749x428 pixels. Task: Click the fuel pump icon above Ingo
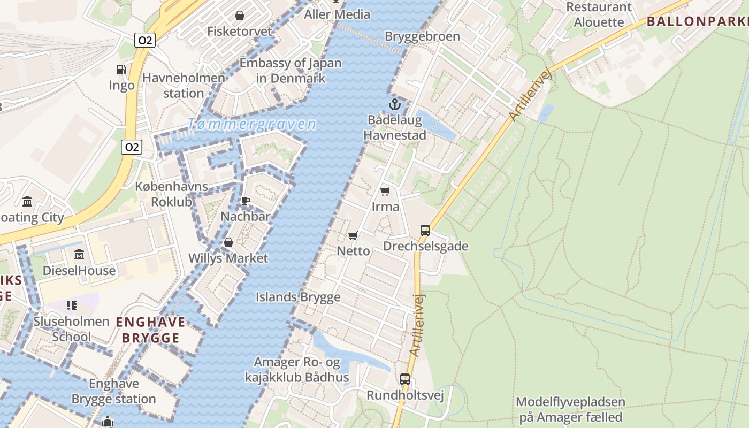pyautogui.click(x=121, y=69)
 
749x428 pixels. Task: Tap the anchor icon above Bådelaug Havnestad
pyautogui.click(x=394, y=104)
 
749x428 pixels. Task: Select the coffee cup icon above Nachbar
pyautogui.click(x=245, y=201)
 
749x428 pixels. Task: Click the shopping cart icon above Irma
pyautogui.click(x=385, y=191)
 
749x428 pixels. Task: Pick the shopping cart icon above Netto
pyautogui.click(x=353, y=235)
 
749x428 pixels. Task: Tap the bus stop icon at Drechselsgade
pyautogui.click(x=425, y=231)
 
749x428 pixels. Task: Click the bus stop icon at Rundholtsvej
pyautogui.click(x=405, y=379)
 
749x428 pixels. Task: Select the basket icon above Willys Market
pyautogui.click(x=228, y=242)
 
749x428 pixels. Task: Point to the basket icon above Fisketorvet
pyautogui.click(x=240, y=16)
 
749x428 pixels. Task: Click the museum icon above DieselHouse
pyautogui.click(x=79, y=254)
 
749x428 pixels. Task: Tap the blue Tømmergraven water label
pyautogui.click(x=251, y=125)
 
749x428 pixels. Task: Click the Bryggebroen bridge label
pyautogui.click(x=422, y=36)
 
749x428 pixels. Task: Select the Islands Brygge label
pyautogui.click(x=298, y=297)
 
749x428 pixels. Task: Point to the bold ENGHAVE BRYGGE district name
pyautogui.click(x=150, y=330)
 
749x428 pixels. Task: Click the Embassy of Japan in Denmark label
pyautogui.click(x=290, y=70)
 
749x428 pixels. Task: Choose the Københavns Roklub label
pyautogui.click(x=171, y=194)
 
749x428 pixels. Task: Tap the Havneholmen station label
pyautogui.click(x=184, y=86)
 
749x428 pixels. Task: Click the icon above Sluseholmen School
pyautogui.click(x=72, y=305)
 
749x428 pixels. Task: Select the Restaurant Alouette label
pyautogui.click(x=599, y=14)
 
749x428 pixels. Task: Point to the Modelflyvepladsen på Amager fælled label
pyautogui.click(x=570, y=409)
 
